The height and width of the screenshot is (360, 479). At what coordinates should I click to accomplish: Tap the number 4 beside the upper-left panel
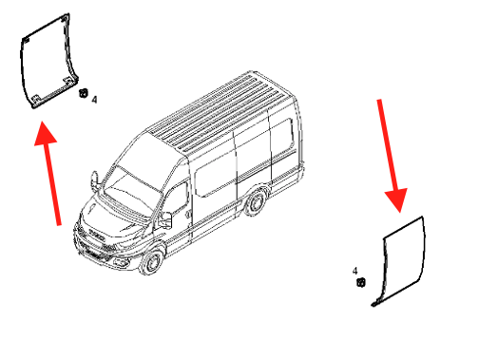(94, 100)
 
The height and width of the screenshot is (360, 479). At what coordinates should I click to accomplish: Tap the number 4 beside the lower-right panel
(354, 271)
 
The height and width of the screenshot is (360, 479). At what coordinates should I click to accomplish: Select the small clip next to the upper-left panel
(83, 93)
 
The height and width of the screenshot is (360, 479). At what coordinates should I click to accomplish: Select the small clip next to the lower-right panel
(361, 282)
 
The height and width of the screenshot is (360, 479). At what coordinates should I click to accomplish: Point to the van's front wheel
(153, 261)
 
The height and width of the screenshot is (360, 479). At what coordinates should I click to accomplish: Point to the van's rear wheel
(255, 203)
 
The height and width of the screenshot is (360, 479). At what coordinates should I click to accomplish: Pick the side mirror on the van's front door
(165, 219)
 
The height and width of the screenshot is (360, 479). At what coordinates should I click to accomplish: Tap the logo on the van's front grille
(97, 236)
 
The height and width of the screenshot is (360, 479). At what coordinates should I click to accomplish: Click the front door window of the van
(176, 200)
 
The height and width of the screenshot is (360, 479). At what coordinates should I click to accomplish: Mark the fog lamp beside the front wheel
(121, 262)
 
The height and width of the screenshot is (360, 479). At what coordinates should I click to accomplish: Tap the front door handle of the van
(189, 214)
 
